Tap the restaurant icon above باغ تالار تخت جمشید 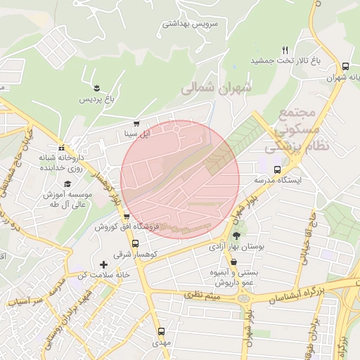[285, 50]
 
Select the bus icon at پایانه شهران [345, 65]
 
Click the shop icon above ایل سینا [136, 121]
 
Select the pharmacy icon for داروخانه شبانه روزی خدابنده [63, 148]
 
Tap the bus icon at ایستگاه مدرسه [277, 169]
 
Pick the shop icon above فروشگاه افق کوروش [126, 217]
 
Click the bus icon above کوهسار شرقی [136, 243]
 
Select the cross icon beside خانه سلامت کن [104, 264]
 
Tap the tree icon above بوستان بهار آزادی [236, 236]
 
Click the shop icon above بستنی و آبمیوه [233, 262]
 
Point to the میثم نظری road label [202, 295]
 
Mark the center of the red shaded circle [180, 179]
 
